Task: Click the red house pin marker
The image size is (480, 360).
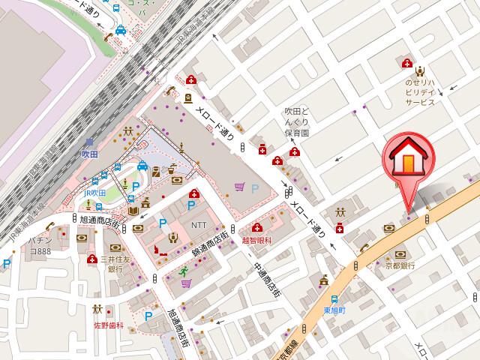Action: click(x=406, y=160)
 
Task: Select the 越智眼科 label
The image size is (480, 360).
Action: click(x=256, y=241)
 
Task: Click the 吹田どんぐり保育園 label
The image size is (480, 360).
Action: click(x=297, y=121)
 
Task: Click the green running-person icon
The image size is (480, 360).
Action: click(x=182, y=271)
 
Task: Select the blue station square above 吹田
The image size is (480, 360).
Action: click(x=89, y=141)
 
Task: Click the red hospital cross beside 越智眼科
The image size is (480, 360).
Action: click(x=257, y=227)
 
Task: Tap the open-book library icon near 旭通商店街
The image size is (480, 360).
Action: click(x=133, y=212)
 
